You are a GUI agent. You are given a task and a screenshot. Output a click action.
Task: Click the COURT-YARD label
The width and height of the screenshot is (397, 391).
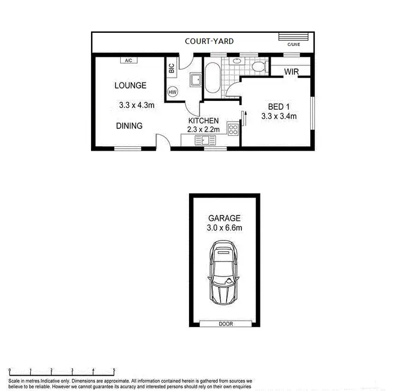[209, 41]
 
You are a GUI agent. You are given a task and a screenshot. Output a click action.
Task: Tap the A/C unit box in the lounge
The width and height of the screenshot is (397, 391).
[128, 61]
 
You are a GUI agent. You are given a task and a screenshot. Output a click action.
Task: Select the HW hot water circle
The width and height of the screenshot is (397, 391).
[172, 92]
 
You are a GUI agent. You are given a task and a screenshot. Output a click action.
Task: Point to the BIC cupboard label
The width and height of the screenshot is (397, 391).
[171, 68]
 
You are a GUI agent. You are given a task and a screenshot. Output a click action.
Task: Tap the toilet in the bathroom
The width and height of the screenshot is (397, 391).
[258, 67]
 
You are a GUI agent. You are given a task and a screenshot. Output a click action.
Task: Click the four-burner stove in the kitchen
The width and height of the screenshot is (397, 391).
[233, 130]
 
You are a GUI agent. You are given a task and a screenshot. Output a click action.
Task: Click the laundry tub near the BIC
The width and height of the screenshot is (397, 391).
[195, 80]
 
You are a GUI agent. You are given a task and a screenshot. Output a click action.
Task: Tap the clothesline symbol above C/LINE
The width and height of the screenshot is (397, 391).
[293, 37]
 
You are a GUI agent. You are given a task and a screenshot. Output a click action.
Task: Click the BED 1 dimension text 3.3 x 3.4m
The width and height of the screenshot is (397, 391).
[278, 117]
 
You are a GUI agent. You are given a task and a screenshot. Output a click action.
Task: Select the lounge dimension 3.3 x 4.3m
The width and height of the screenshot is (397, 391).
[137, 105]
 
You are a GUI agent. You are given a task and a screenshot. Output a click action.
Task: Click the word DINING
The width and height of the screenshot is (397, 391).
[130, 126]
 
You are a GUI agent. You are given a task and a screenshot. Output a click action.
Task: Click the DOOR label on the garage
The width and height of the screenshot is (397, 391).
[225, 324]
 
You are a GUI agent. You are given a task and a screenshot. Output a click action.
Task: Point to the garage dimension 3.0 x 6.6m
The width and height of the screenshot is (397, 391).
[224, 228]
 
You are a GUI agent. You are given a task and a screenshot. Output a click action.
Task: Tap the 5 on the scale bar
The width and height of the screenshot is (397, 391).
[114, 370]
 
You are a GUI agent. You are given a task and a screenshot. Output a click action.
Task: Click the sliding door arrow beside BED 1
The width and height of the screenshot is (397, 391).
[245, 118]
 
